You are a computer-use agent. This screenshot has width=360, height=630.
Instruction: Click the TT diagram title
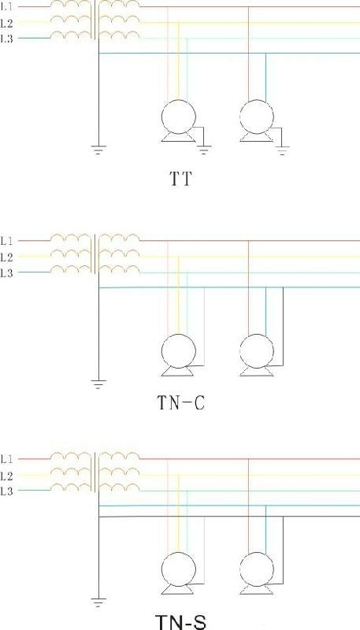click(180, 180)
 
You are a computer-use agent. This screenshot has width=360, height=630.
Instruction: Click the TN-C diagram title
click(181, 402)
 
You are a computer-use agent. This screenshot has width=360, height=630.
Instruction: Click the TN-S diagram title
click(181, 621)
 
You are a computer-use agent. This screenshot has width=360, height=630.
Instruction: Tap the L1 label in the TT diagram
click(7, 7)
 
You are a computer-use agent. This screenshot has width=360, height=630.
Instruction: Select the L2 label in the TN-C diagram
click(7, 257)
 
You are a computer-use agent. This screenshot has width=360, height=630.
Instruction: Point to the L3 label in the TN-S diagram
click(7, 491)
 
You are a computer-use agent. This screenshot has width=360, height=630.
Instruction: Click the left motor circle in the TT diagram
click(179, 117)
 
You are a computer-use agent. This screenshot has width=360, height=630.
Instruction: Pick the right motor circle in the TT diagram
click(257, 117)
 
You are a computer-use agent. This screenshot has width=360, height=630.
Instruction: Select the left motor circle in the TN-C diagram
click(179, 350)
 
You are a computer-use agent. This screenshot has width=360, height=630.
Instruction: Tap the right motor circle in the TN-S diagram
click(257, 569)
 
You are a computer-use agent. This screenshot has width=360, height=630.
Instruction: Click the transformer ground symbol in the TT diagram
click(98, 150)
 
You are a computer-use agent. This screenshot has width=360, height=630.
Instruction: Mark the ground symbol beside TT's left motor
click(204, 150)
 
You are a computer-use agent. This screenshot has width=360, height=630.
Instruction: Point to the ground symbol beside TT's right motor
click(282, 150)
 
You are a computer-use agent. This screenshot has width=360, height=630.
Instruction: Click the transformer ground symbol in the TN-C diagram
click(98, 384)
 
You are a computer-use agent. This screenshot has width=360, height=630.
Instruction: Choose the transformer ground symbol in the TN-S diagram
click(98, 602)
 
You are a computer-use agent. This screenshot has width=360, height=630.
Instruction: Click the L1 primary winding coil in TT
click(70, 4)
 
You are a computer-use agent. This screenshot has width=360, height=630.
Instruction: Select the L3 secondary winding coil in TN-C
click(120, 269)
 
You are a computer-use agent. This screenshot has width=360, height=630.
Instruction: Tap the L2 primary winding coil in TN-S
click(70, 472)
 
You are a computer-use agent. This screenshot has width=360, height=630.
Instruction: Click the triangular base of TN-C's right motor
click(257, 372)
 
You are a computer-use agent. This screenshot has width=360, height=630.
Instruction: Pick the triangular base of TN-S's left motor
click(179, 590)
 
